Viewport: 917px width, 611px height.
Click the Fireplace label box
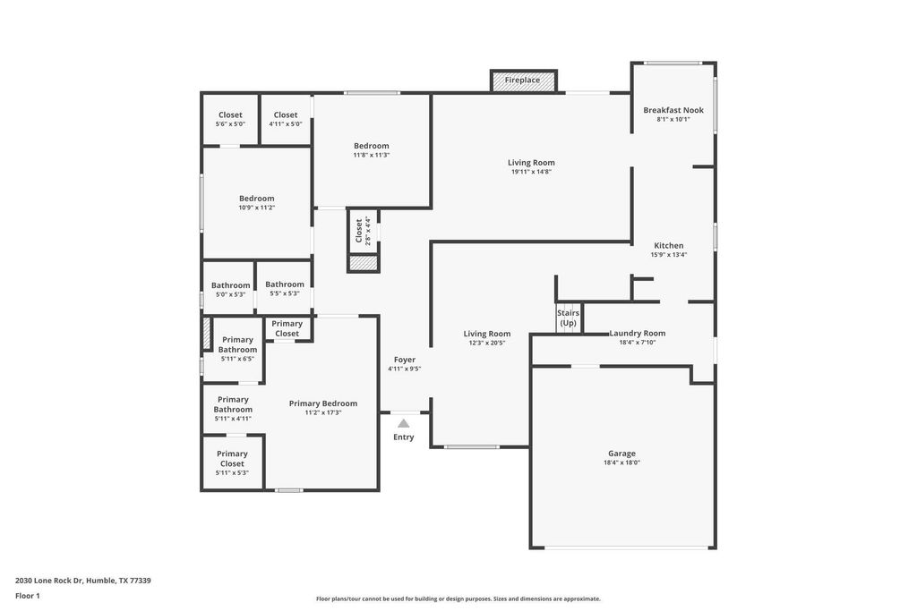coord(523,81)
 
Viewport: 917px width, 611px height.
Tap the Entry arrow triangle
coord(404,423)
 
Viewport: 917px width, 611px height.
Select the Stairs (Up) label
coord(568,318)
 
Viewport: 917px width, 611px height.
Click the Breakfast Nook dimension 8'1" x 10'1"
coord(673,119)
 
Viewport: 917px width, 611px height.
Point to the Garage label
coord(621,454)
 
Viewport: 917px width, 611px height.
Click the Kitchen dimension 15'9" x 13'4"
coord(668,255)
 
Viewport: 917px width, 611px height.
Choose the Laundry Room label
coord(638,333)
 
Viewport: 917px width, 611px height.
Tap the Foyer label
coord(405,360)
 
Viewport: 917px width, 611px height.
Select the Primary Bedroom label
coord(322,403)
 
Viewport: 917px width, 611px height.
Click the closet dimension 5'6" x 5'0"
coord(230,123)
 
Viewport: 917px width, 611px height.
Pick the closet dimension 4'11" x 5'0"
coord(286,123)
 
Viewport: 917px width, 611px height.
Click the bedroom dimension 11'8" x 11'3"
coord(372,155)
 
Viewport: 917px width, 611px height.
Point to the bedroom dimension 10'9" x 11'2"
coord(257,208)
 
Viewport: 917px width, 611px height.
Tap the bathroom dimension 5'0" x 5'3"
coord(230,294)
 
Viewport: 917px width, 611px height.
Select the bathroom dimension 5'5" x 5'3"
coord(285,293)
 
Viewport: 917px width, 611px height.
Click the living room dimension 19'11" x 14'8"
coord(532,172)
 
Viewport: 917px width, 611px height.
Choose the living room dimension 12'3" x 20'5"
coord(486,343)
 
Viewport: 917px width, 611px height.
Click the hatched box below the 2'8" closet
coord(364,263)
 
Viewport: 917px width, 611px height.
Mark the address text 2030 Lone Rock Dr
coord(50,581)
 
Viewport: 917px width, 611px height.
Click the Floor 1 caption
coord(28,596)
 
